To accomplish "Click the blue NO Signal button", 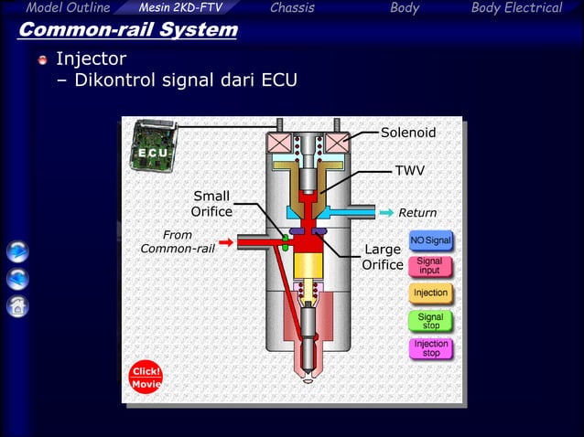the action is [430, 240].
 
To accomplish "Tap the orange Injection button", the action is [430, 293].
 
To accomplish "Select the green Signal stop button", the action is [430, 321].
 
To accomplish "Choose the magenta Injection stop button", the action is [431, 348].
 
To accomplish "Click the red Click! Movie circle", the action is [146, 378].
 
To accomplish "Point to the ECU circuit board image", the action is [154, 145].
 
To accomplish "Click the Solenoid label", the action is [408, 133].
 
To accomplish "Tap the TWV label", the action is [410, 171].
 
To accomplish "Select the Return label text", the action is [417, 213].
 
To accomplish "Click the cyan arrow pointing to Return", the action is [386, 213].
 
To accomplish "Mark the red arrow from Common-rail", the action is [226, 242].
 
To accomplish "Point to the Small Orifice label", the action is [211, 204].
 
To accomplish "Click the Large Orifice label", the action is [383, 257].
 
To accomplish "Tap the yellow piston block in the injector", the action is [308, 265].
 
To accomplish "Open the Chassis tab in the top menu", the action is [292, 8].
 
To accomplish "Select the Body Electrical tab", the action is [516, 8].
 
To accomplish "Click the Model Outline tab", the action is [68, 8].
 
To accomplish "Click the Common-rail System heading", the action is [128, 30].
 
